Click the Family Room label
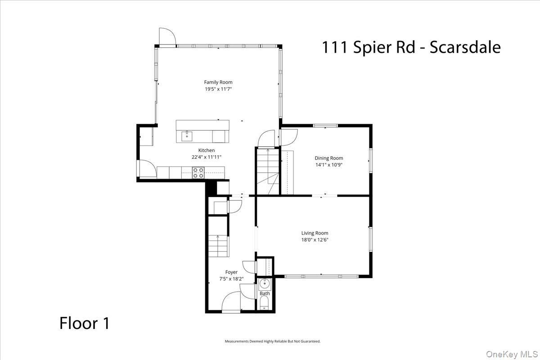[x=218, y=82]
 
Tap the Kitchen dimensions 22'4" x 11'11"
[x=207, y=157]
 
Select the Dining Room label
[x=328, y=158]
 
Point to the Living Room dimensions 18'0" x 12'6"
[x=315, y=240]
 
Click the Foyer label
[x=231, y=272]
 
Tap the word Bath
[x=265, y=293]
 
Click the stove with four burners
[x=198, y=173]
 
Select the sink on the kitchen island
[x=187, y=135]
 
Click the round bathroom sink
[x=265, y=283]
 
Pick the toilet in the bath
[x=265, y=303]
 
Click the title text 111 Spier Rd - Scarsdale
[x=411, y=47]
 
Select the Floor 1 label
[x=85, y=323]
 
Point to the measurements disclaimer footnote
[x=272, y=342]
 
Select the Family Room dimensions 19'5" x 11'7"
[x=218, y=90]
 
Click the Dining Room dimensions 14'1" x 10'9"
[x=328, y=165]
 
